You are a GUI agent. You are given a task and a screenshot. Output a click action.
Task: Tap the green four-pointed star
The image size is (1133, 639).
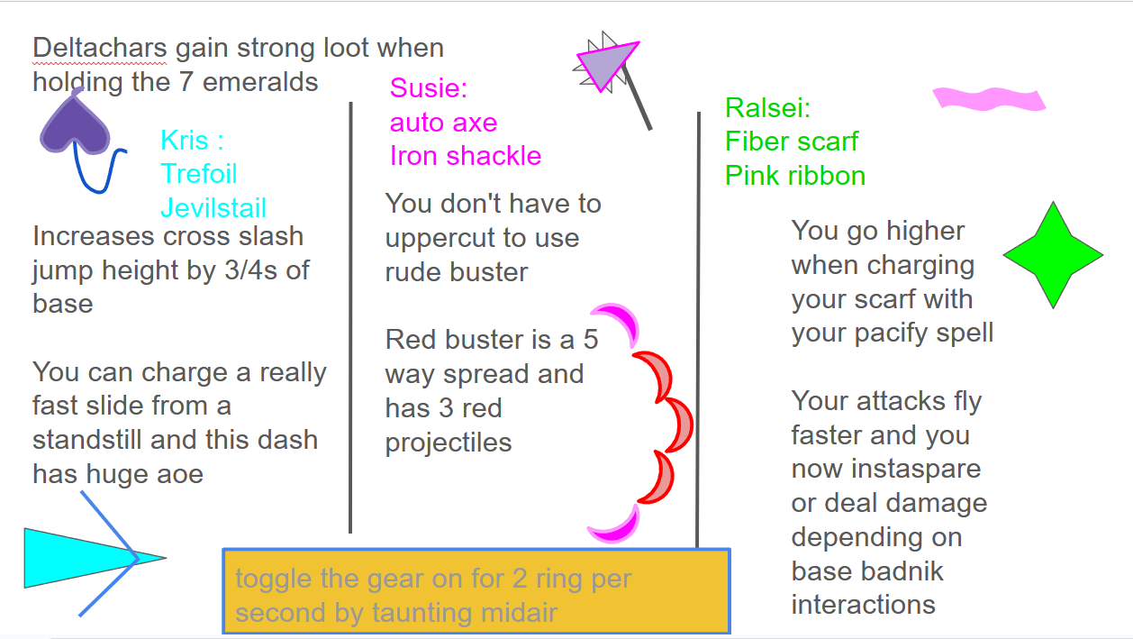1053,255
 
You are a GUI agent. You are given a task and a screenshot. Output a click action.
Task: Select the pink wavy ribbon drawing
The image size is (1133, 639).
989,99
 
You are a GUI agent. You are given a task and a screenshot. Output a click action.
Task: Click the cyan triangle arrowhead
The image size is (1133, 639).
86,558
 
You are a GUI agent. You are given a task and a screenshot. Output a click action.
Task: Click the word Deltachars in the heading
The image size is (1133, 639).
100,48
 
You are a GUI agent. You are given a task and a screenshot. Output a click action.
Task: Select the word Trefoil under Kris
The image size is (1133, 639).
199,174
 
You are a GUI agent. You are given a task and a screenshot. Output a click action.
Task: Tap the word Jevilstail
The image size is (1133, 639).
213,207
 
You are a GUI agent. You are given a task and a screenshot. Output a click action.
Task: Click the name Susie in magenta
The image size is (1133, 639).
429,87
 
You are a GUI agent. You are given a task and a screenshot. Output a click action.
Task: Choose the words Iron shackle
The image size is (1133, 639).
466,155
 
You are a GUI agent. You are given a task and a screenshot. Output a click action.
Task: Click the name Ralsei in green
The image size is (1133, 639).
767,107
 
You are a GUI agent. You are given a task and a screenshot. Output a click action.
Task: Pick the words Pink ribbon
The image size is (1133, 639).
795,176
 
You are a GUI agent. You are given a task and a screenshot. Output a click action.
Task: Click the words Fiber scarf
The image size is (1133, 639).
792,141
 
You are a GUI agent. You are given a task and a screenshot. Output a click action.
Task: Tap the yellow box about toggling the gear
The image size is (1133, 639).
476,591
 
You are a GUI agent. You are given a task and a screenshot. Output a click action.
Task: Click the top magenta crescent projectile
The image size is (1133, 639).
618,323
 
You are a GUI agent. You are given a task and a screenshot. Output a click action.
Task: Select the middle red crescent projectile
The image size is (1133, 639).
676,424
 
